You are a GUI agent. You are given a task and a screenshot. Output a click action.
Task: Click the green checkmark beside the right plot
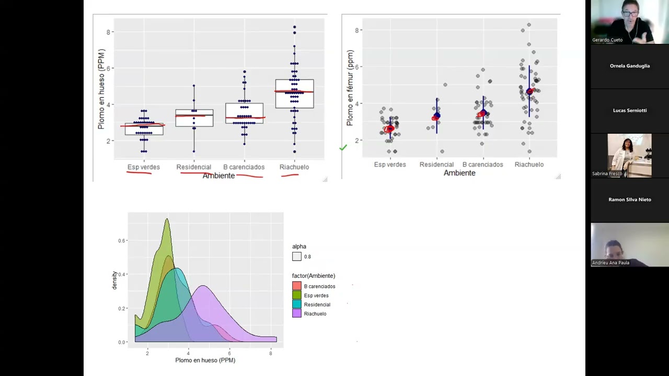coord(343,147)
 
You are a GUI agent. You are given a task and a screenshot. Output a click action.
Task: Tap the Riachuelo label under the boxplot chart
coord(294,167)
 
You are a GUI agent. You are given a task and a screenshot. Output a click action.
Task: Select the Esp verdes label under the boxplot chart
coord(144,167)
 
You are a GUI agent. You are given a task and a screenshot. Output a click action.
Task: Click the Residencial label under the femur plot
coord(436,164)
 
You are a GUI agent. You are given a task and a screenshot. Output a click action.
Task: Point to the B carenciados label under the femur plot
coord(483,164)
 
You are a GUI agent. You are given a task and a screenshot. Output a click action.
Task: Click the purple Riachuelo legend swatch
coord(296,313)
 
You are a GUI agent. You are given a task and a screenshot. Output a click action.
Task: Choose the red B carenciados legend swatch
coord(296,286)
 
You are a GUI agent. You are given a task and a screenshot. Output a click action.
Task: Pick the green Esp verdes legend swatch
coord(296,295)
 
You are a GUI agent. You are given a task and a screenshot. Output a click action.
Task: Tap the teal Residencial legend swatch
coord(296,304)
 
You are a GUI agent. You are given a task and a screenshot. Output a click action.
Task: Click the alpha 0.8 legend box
coord(296,256)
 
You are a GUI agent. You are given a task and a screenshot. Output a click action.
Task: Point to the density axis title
coord(114,280)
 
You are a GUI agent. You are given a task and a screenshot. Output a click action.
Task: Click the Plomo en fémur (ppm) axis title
coord(350,88)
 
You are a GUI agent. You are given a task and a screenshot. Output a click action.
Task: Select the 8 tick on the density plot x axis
coord(271,354)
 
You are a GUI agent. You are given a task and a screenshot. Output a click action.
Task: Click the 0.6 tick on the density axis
coord(122,241)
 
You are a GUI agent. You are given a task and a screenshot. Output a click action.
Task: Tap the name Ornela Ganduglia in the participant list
coord(630,66)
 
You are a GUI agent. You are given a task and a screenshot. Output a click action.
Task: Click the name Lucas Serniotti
coord(630,110)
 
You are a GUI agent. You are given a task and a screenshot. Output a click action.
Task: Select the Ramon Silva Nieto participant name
coord(630,199)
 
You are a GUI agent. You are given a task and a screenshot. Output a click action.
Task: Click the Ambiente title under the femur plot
coord(459,173)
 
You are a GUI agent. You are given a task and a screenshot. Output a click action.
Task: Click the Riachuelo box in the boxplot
coord(294,93)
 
